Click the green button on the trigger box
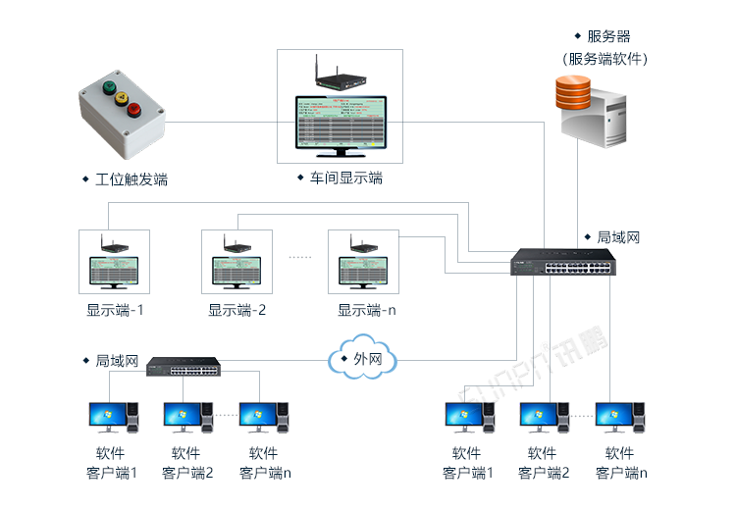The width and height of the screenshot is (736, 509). (109, 86)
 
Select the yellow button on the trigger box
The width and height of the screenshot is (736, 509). (122, 97)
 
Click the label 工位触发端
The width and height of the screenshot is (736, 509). (131, 179)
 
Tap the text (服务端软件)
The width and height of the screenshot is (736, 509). (606, 59)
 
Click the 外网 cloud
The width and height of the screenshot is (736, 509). (364, 360)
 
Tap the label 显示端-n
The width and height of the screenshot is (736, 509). (366, 310)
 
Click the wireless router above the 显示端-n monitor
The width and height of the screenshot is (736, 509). (355, 248)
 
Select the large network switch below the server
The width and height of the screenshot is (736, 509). (562, 263)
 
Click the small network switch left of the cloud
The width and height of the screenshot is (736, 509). (184, 367)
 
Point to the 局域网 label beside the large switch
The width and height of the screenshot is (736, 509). (618, 237)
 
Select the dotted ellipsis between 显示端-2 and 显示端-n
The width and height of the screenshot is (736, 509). (299, 257)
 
